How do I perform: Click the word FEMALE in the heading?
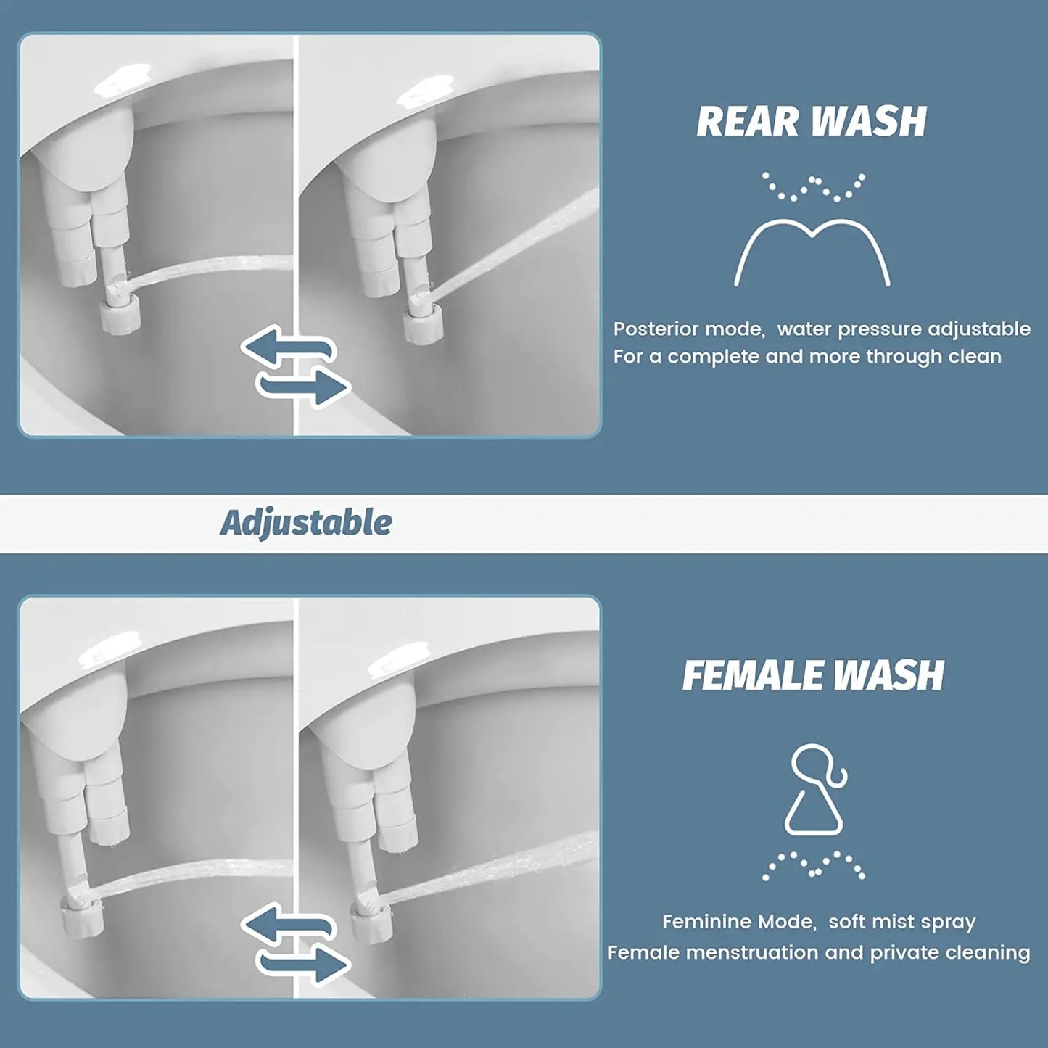click(751, 676)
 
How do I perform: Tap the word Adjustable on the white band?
click(306, 523)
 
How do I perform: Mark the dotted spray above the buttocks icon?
click(813, 186)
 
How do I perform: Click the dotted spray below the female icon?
click(813, 865)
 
